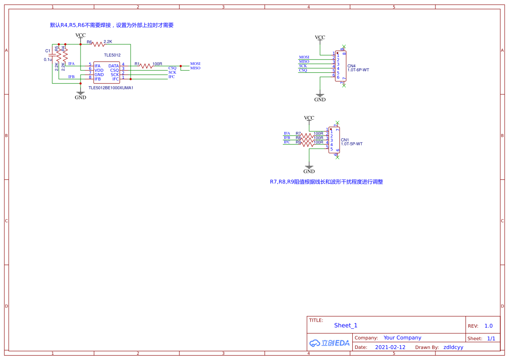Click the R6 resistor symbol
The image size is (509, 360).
tap(99, 44)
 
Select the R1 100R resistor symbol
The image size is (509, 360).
tap(146, 66)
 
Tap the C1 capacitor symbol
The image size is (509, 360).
tap(53, 55)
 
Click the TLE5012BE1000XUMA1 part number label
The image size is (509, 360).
tap(111, 87)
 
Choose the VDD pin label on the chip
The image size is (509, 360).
tap(99, 70)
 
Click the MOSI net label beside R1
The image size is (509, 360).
tap(195, 64)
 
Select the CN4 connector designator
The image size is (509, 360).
tap(351, 66)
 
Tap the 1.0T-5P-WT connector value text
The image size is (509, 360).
tap(352, 144)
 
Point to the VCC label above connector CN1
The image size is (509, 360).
tap(309, 118)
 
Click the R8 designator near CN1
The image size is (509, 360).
tap(298, 138)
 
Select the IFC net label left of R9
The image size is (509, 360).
tap(287, 142)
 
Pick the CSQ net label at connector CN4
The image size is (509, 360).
tap(303, 70)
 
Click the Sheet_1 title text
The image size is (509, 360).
tap(346, 325)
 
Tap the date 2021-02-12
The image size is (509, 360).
tap(390, 347)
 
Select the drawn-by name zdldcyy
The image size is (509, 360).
tap(453, 347)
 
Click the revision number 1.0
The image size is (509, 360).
tap(489, 326)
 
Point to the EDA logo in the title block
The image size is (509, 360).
tap(330, 343)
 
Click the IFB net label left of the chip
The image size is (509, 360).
tap(71, 77)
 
